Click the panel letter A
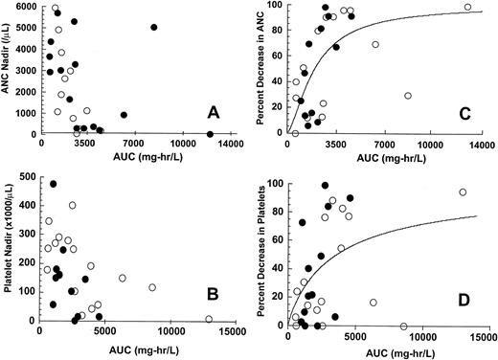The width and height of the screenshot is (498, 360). pyautogui.click(x=214, y=114)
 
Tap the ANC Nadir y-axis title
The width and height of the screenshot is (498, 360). pyautogui.click(x=11, y=69)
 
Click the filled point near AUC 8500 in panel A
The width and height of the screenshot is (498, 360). pyautogui.click(x=153, y=28)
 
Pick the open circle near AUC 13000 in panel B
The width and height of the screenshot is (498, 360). pyautogui.click(x=208, y=319)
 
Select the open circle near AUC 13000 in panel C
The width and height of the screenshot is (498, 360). pyautogui.click(x=466, y=8)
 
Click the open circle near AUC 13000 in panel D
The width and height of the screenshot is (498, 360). pyautogui.click(x=463, y=192)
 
